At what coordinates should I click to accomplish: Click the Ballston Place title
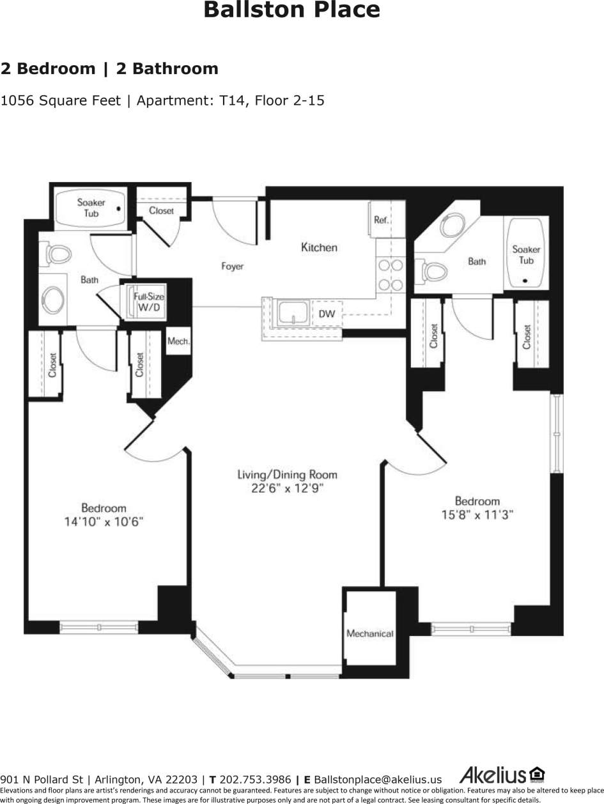click(291, 10)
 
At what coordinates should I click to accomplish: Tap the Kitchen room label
click(319, 247)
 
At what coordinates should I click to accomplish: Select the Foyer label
click(232, 267)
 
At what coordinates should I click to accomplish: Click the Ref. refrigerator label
click(381, 220)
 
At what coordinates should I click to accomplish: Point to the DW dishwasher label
click(327, 314)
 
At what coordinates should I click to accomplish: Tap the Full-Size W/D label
click(148, 302)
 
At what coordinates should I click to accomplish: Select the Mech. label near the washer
click(178, 341)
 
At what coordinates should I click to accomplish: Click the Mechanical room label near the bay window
click(369, 633)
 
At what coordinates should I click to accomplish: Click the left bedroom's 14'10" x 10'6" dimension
click(104, 522)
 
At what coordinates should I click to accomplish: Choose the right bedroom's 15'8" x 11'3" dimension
click(477, 514)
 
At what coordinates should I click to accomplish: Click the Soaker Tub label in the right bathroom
click(526, 255)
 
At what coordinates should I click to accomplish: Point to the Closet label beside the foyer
click(161, 210)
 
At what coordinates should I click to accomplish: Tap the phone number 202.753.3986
click(255, 780)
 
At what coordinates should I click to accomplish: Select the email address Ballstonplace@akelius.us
click(378, 780)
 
